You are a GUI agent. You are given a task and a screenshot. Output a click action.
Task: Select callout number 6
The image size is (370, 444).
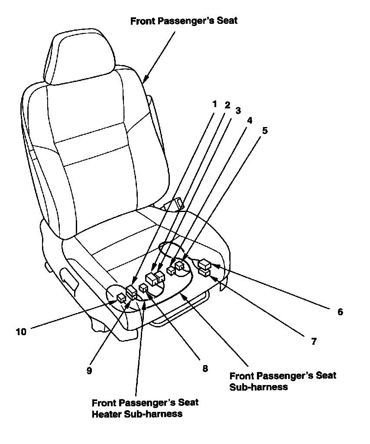(340, 311)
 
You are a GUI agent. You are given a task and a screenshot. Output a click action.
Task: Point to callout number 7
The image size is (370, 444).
(313, 341)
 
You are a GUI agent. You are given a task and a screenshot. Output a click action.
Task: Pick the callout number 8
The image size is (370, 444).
(205, 369)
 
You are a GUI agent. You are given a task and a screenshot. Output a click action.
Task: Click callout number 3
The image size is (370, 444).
(237, 111)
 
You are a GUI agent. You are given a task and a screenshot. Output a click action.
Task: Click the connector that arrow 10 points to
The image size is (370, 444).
(121, 297)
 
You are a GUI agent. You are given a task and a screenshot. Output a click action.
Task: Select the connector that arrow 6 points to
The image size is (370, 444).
(204, 263)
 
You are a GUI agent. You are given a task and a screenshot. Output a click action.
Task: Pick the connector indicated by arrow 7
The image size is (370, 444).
(204, 272)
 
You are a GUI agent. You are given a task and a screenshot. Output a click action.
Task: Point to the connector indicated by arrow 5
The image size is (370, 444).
(179, 265)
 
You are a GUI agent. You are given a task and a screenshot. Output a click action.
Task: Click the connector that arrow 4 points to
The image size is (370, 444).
(170, 271)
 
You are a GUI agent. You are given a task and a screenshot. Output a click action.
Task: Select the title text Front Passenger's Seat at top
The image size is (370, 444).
(184, 21)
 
